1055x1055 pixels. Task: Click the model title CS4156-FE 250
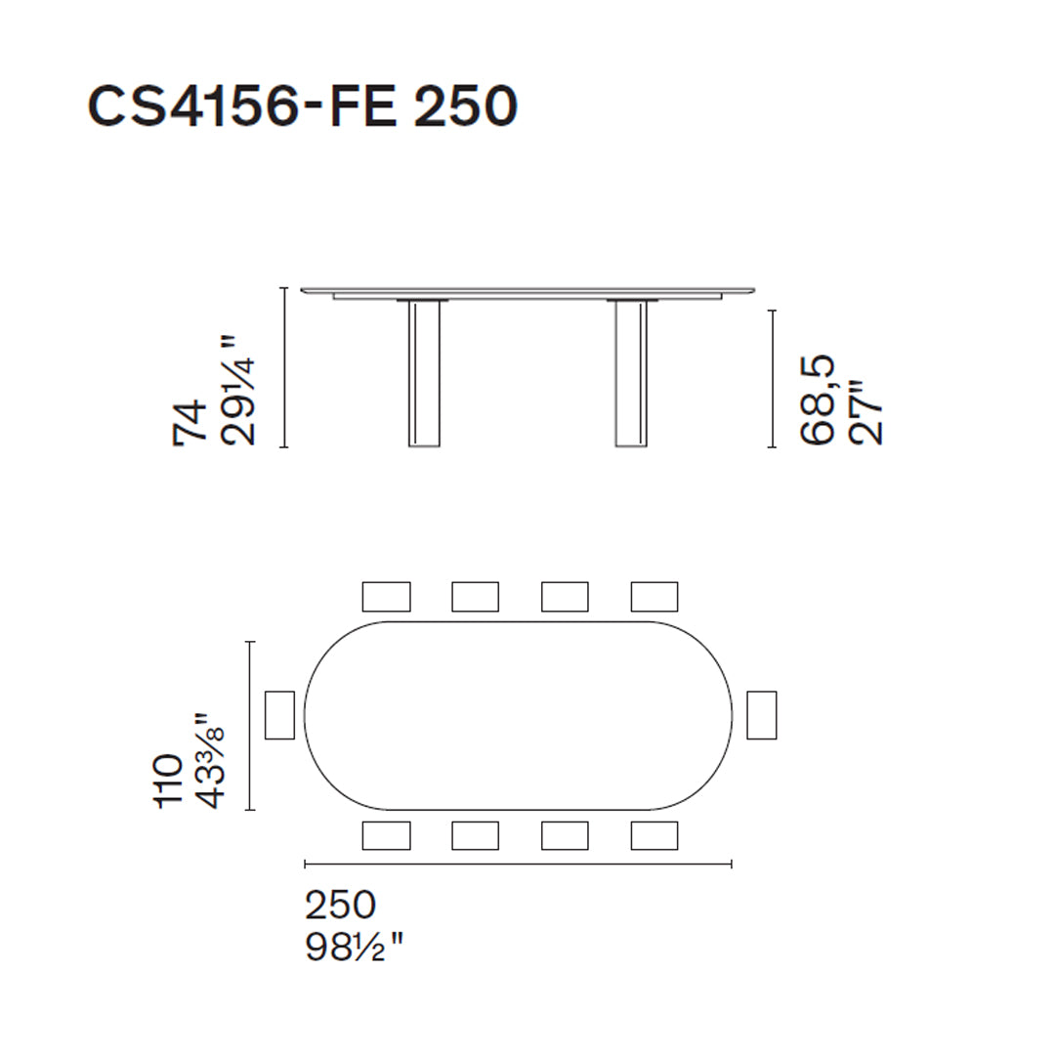302,105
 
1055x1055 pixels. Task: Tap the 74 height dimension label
190,422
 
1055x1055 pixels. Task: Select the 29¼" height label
238,391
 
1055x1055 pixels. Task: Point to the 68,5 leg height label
819,400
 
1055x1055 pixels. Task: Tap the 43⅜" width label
211,760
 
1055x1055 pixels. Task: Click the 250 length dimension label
340,906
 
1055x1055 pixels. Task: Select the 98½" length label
355,947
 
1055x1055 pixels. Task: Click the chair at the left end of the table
279,715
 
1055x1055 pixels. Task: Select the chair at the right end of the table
761,715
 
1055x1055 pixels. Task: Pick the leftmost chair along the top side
386,596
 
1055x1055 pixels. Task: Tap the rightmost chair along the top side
654,596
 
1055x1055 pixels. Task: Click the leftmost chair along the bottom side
386,835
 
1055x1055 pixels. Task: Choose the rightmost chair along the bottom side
654,835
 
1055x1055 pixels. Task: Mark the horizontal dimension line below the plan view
518,864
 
